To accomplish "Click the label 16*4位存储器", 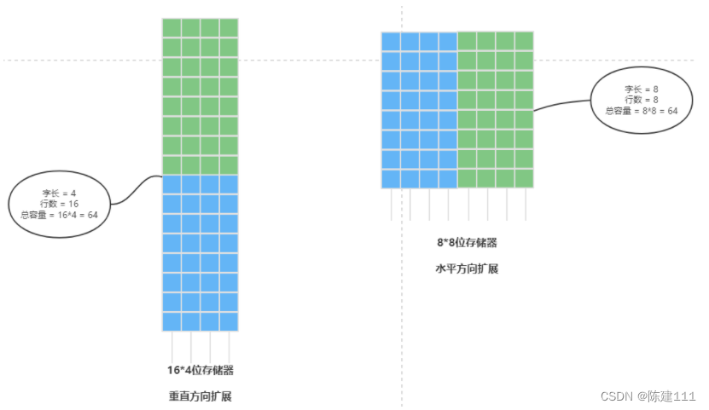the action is pyautogui.click(x=200, y=371).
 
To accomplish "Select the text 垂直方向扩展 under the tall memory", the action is pyautogui.click(x=200, y=396).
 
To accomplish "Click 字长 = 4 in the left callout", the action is pyautogui.click(x=59, y=193).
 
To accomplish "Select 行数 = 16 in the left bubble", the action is pyautogui.click(x=59, y=204).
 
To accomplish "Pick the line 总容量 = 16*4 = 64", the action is pyautogui.click(x=59, y=215).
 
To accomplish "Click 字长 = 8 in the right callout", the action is pyautogui.click(x=641, y=88).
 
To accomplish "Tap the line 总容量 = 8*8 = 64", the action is pyautogui.click(x=641, y=110).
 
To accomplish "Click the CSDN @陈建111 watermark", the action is pyautogui.click(x=648, y=396).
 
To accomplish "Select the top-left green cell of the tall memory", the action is pyautogui.click(x=171, y=28).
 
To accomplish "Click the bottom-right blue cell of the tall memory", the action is pyautogui.click(x=229, y=321).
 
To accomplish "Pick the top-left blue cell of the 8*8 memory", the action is pyautogui.click(x=391, y=41).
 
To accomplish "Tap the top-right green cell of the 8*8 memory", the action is pyautogui.click(x=524, y=41).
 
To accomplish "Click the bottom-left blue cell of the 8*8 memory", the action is pyautogui.click(x=391, y=178).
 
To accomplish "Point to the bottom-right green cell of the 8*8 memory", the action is pyautogui.click(x=524, y=178).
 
